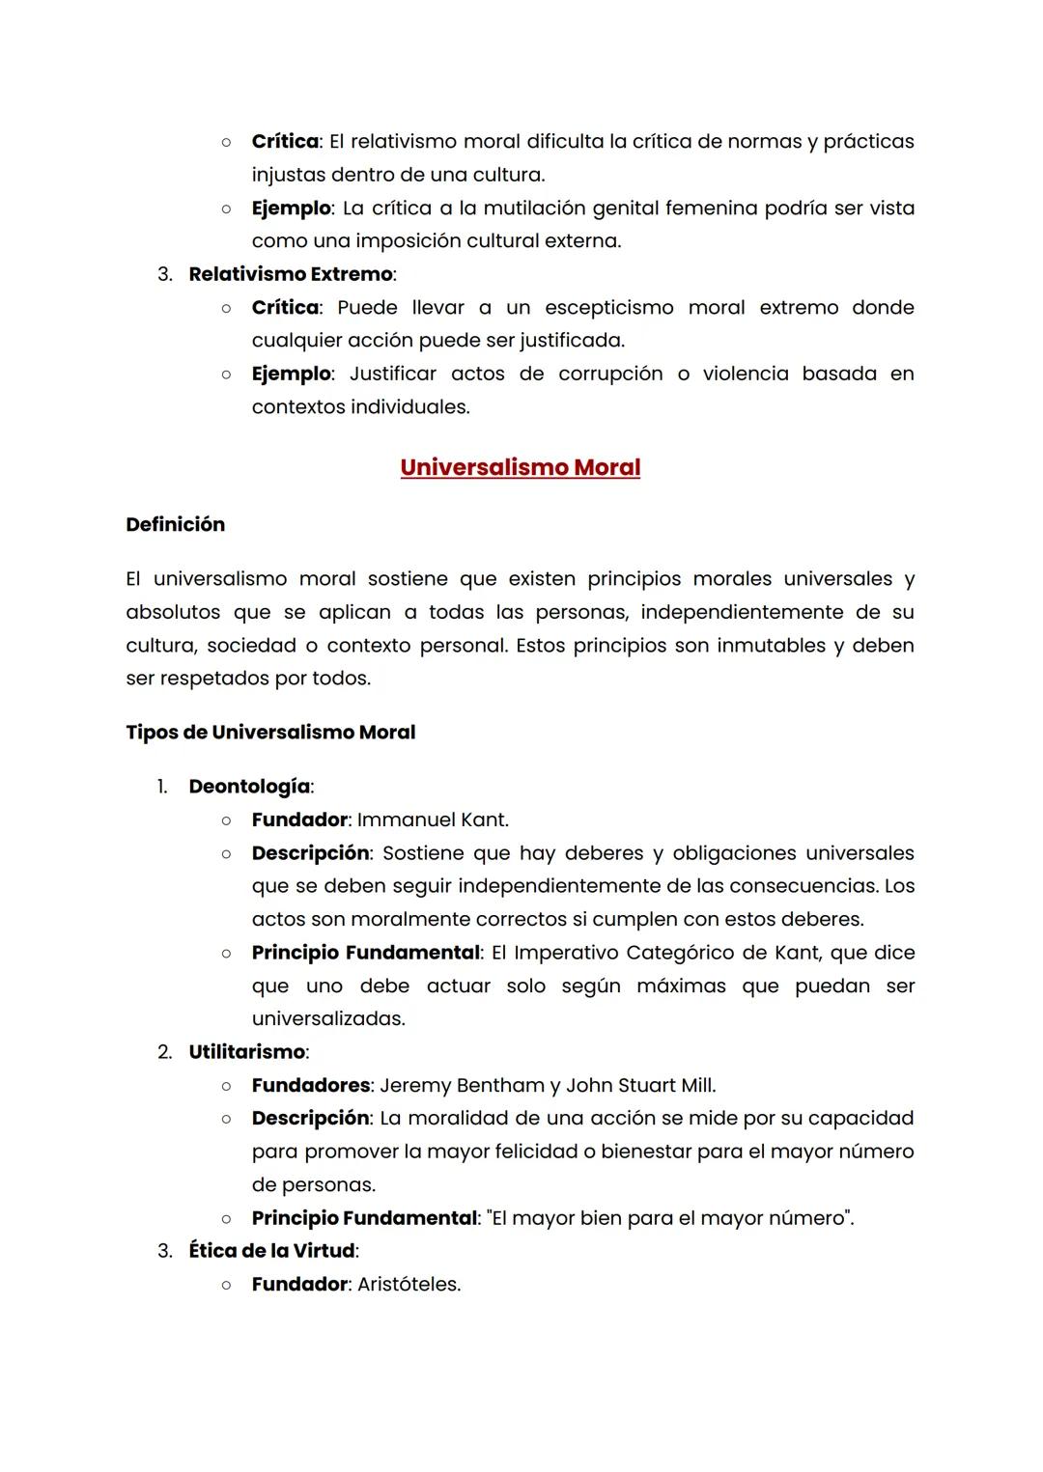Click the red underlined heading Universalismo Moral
point(520,467)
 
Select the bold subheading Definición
point(175,524)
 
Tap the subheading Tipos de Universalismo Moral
point(270,733)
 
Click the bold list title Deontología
point(249,787)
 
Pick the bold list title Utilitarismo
point(247,1052)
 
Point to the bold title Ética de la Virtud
point(271,1251)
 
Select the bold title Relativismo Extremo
point(291,274)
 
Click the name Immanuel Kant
point(433,820)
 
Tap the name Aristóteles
point(409,1285)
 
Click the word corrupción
point(610,374)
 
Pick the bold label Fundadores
point(310,1086)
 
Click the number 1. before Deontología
point(162,787)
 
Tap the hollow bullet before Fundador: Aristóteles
point(225,1285)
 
